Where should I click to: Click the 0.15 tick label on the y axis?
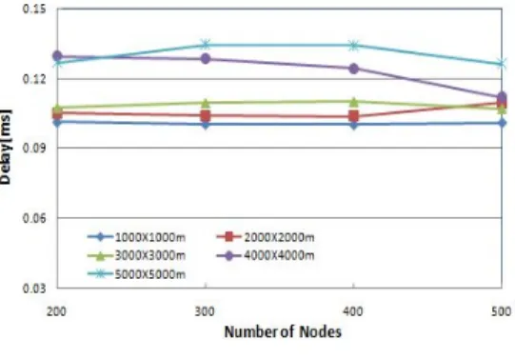point(33,9)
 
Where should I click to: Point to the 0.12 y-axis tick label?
point(33,79)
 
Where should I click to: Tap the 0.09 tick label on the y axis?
point(33,148)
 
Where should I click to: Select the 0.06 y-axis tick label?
point(33,218)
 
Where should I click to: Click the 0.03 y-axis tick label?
point(33,288)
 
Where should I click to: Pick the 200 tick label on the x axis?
point(56,311)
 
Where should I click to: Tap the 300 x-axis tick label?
point(205,311)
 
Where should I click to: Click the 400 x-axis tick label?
point(353,311)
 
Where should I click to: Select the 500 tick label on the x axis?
point(502,311)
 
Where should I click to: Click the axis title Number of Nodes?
point(283,331)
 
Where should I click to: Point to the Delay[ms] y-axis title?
point(6,147)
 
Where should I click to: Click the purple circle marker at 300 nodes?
point(206,59)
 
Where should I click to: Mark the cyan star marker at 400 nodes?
point(353,45)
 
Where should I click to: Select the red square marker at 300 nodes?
point(206,115)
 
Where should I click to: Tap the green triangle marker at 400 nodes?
point(353,102)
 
